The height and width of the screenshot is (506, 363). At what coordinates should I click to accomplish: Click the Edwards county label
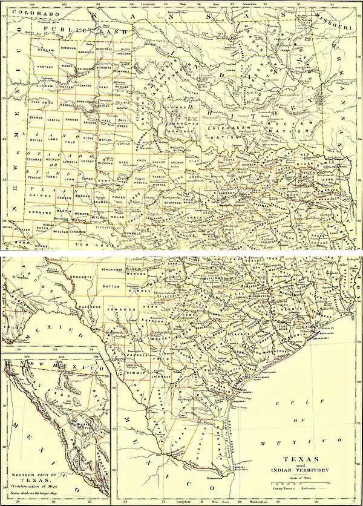click(x=116, y=312)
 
